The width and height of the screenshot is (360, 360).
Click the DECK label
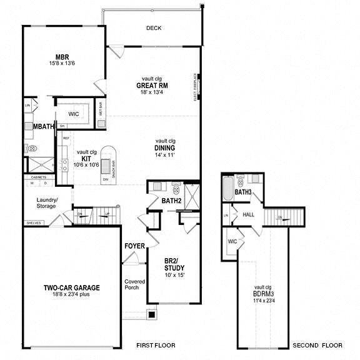click(x=154, y=28)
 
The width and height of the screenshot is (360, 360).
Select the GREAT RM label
click(x=154, y=86)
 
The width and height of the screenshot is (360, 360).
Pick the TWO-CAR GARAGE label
click(x=72, y=287)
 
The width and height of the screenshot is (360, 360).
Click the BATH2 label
click(x=171, y=201)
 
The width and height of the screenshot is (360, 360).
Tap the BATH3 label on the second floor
click(x=243, y=192)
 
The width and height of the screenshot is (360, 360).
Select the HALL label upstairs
click(x=248, y=214)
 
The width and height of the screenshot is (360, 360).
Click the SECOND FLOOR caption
click(x=317, y=345)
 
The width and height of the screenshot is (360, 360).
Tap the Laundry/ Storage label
click(x=47, y=204)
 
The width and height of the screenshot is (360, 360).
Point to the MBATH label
click(x=43, y=127)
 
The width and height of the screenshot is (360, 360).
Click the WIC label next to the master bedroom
click(x=73, y=114)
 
